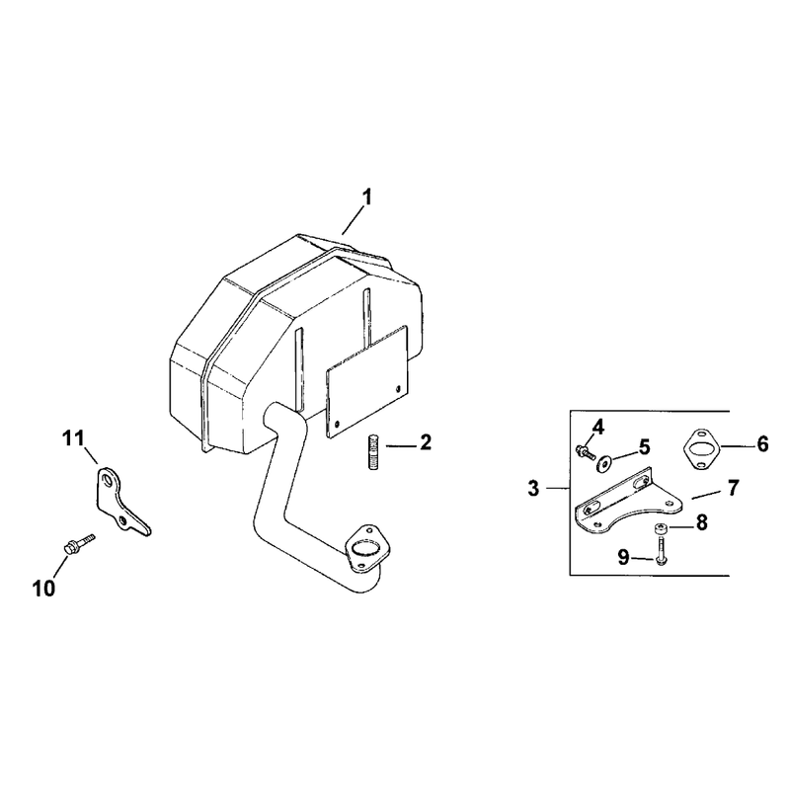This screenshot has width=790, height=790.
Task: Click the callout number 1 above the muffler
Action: point(367,197)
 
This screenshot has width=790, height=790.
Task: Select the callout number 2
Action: point(426,442)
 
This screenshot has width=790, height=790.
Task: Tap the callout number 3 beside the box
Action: point(533,488)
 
